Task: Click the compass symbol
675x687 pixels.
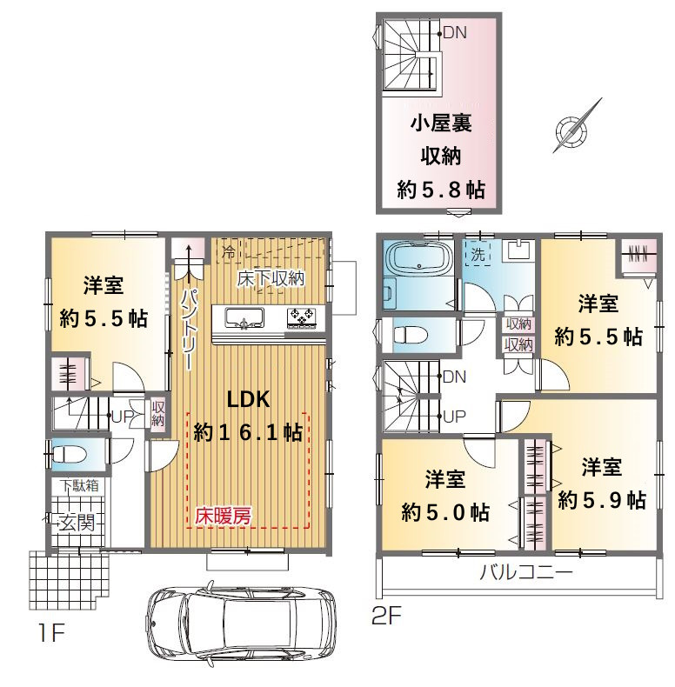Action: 571,130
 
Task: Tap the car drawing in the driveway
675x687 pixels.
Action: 242,621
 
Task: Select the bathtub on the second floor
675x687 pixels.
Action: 418,260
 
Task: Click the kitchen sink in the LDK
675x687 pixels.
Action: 244,317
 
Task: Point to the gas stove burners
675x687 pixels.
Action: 301,318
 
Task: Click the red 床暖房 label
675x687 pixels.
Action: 223,516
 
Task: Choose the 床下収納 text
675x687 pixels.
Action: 271,278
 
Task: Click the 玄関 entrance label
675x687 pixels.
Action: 77,523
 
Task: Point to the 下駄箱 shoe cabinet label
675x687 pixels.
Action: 79,485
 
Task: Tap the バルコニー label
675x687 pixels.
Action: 526,572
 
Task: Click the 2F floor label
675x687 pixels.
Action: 386,617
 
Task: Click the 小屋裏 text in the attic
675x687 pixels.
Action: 441,123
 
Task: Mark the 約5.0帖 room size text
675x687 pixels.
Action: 445,512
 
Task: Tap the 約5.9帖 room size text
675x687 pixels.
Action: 601,500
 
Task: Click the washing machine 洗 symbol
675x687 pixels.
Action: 478,254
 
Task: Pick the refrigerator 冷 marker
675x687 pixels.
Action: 229,251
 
